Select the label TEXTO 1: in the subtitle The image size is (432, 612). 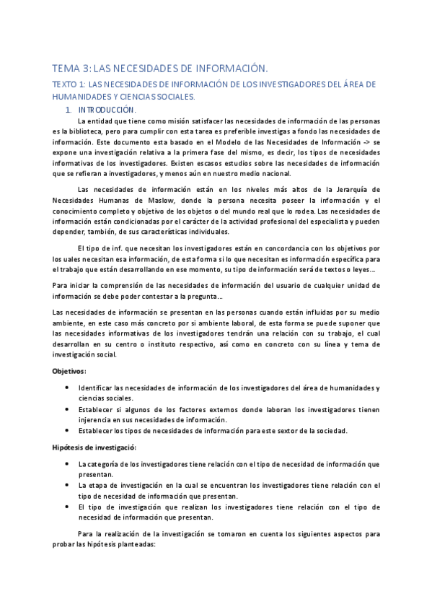tap(69, 84)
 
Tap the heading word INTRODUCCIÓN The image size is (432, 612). tap(106, 110)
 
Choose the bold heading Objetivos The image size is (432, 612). tap(69, 371)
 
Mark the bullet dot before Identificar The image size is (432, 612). tap(67, 388)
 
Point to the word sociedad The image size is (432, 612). tap(327, 431)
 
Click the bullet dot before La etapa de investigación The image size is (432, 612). tap(67, 485)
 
